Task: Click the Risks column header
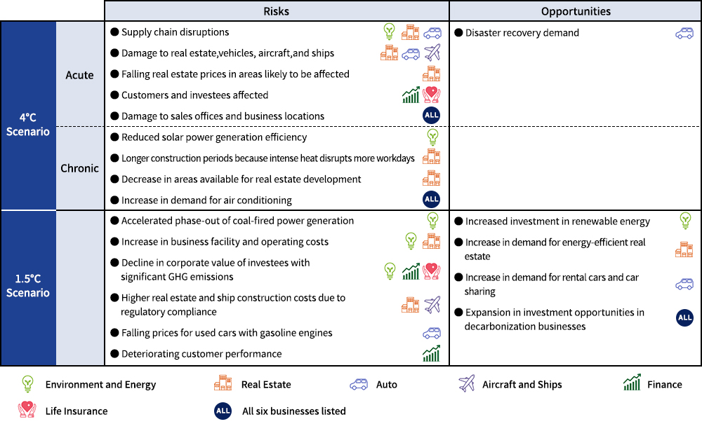click(276, 11)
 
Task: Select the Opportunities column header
click(575, 11)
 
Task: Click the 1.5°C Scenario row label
click(28, 286)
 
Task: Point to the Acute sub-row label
click(79, 75)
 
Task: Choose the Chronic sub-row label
click(79, 168)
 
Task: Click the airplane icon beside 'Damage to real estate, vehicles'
click(432, 53)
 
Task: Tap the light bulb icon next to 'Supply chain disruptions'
click(389, 32)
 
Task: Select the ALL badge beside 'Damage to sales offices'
click(431, 116)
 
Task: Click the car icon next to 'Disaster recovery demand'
click(684, 33)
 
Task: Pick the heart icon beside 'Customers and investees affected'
click(431, 95)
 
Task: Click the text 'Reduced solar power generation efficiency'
click(214, 137)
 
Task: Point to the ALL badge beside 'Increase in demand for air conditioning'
click(431, 200)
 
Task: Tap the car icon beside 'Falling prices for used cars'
click(431, 333)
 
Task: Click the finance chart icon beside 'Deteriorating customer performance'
click(431, 354)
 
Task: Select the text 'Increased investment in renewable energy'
click(557, 221)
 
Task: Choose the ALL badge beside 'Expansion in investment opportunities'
click(684, 317)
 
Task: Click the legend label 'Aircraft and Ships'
click(522, 384)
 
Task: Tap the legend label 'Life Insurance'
click(77, 411)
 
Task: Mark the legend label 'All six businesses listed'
click(293, 411)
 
